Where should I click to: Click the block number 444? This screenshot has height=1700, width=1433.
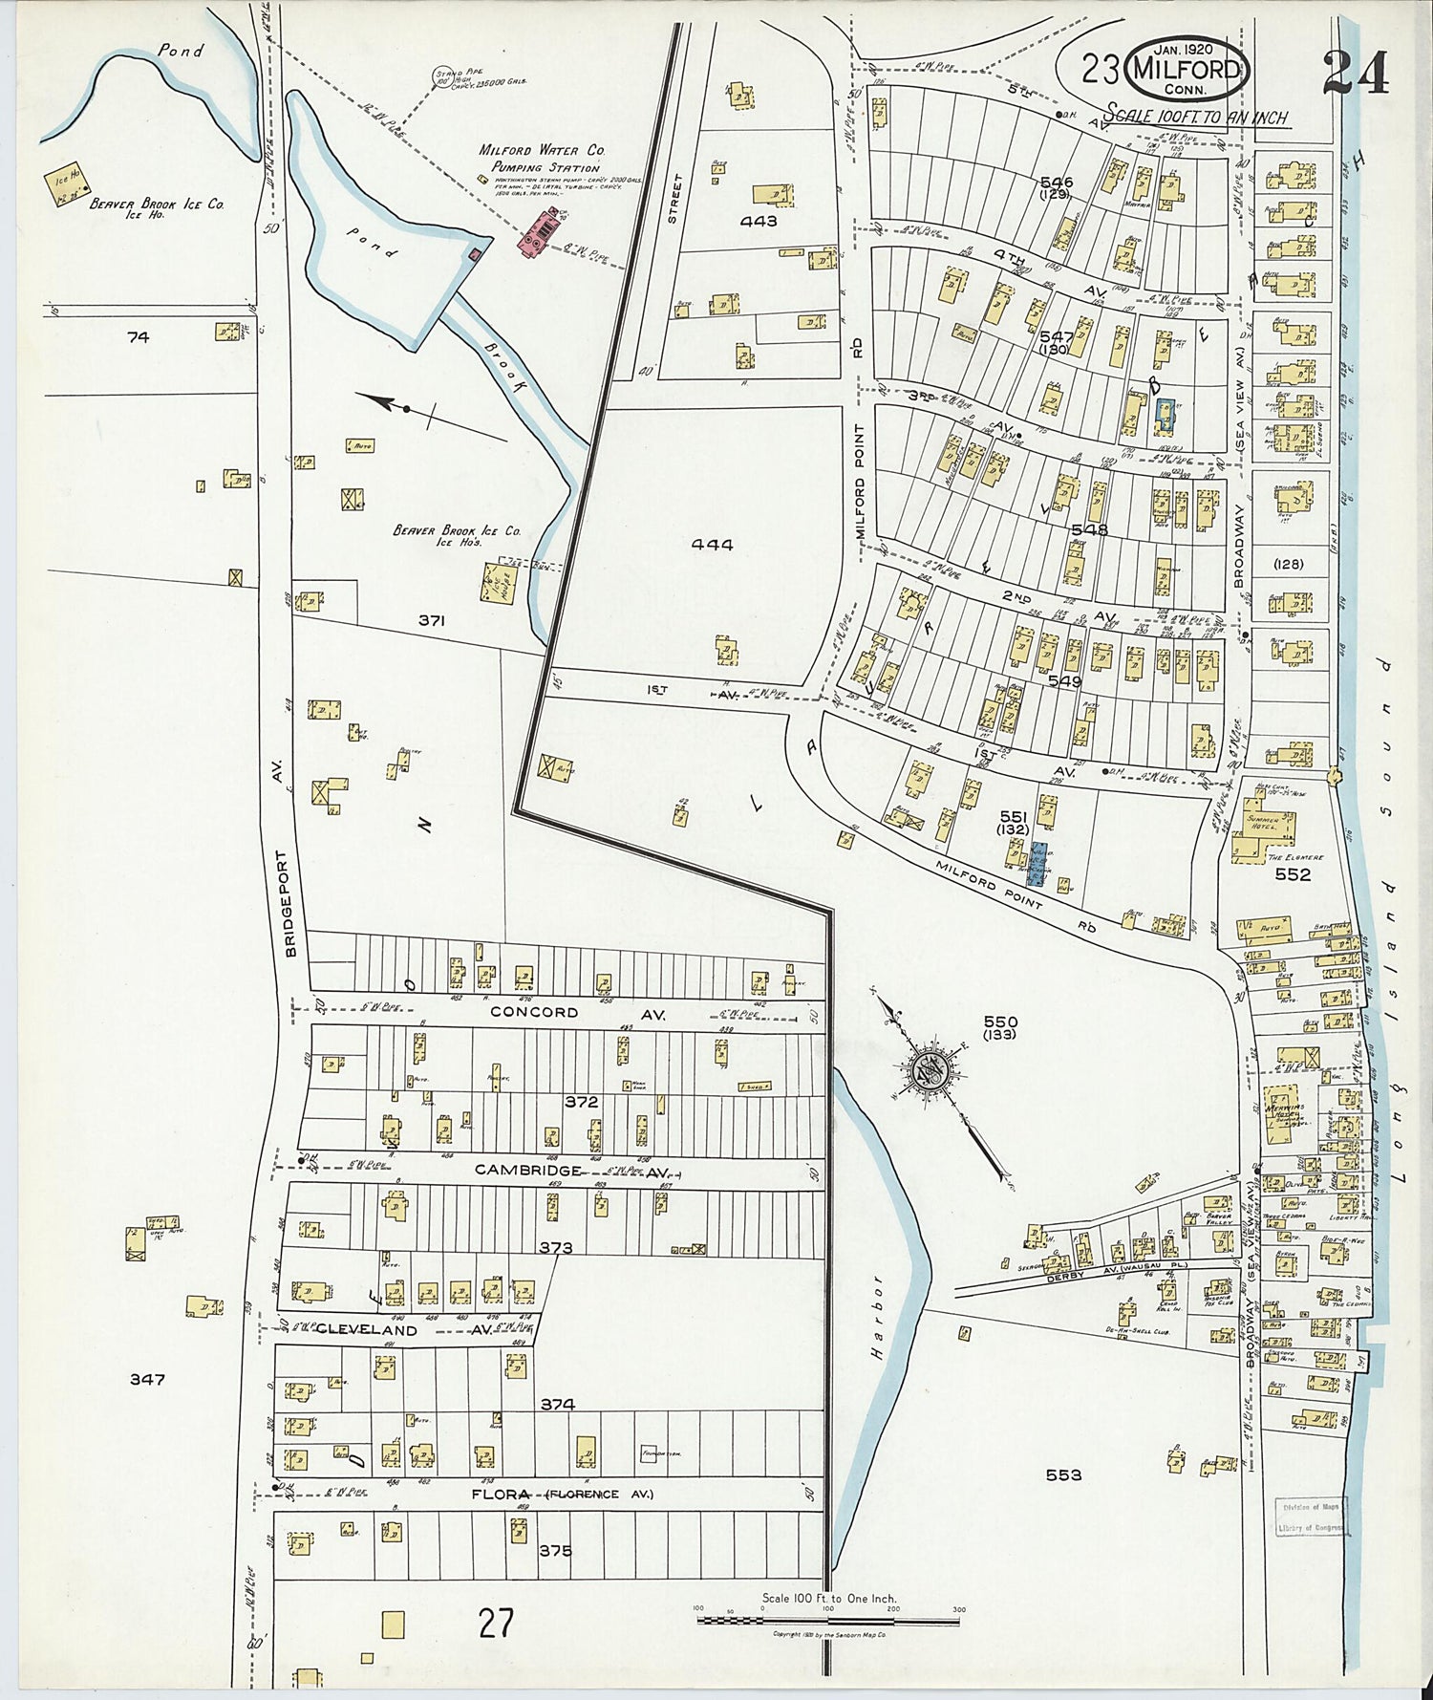713,545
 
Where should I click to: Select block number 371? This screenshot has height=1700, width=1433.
431,620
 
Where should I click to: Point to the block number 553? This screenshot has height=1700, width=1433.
1063,1475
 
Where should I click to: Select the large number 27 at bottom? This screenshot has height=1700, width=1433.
497,1623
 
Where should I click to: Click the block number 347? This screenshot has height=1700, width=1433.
147,1379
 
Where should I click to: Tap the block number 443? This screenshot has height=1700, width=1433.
759,221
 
